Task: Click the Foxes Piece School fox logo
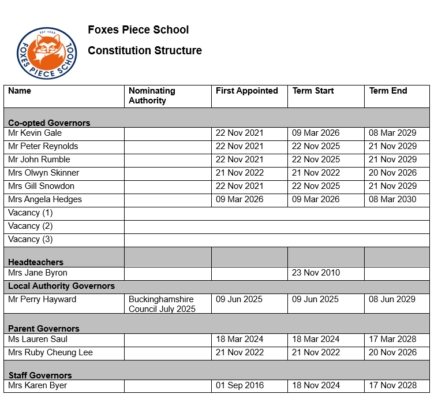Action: point(46,53)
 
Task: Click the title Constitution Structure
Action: point(145,51)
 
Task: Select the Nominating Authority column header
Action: point(151,95)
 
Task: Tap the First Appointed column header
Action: point(246,91)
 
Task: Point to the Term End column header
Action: point(388,91)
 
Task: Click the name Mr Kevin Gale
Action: point(35,133)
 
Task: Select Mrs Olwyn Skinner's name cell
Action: point(44,173)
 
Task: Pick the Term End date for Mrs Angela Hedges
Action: point(392,199)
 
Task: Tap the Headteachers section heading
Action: point(36,262)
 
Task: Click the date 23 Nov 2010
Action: point(316,273)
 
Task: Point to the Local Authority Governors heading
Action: point(61,286)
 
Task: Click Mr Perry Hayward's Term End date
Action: point(392,299)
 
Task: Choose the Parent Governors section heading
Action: point(44,329)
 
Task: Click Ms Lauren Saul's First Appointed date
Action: point(239,339)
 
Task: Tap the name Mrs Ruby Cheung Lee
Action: point(50,352)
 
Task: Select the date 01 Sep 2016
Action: point(239,385)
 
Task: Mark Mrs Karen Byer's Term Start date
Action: point(316,385)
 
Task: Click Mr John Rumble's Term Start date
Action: point(316,159)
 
